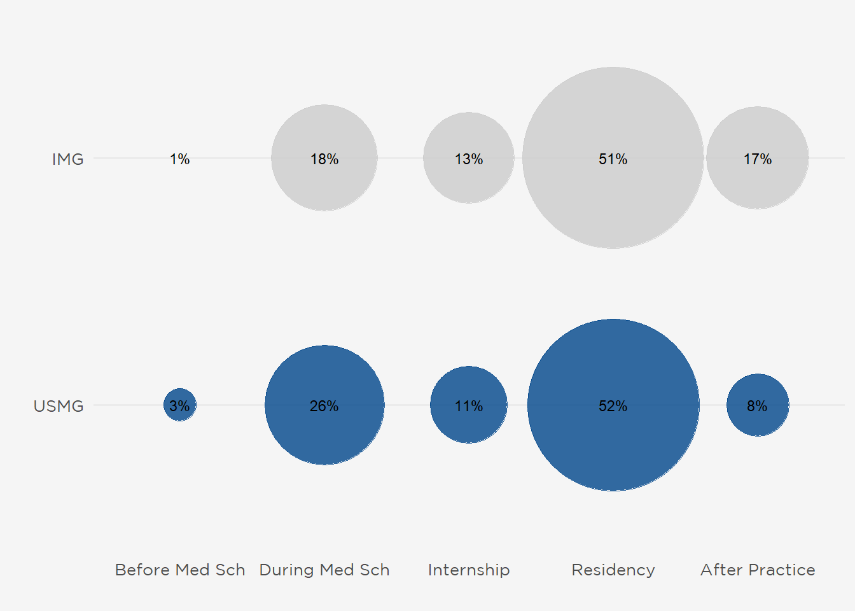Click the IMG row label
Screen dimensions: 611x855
coord(67,159)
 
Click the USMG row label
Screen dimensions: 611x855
coord(59,406)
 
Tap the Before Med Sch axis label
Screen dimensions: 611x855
coord(180,570)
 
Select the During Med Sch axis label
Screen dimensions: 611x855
coord(324,570)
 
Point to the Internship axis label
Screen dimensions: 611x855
coord(469,570)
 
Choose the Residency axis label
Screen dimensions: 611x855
coord(613,570)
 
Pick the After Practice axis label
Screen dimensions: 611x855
coord(758,570)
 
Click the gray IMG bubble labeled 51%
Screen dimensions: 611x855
coord(613,197)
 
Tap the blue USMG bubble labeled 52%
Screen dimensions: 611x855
coord(613,446)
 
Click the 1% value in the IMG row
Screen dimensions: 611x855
coord(180,159)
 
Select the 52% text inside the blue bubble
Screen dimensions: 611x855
coord(613,406)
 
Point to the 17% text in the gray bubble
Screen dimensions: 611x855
coord(758,159)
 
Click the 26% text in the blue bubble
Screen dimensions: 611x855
coord(324,406)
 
